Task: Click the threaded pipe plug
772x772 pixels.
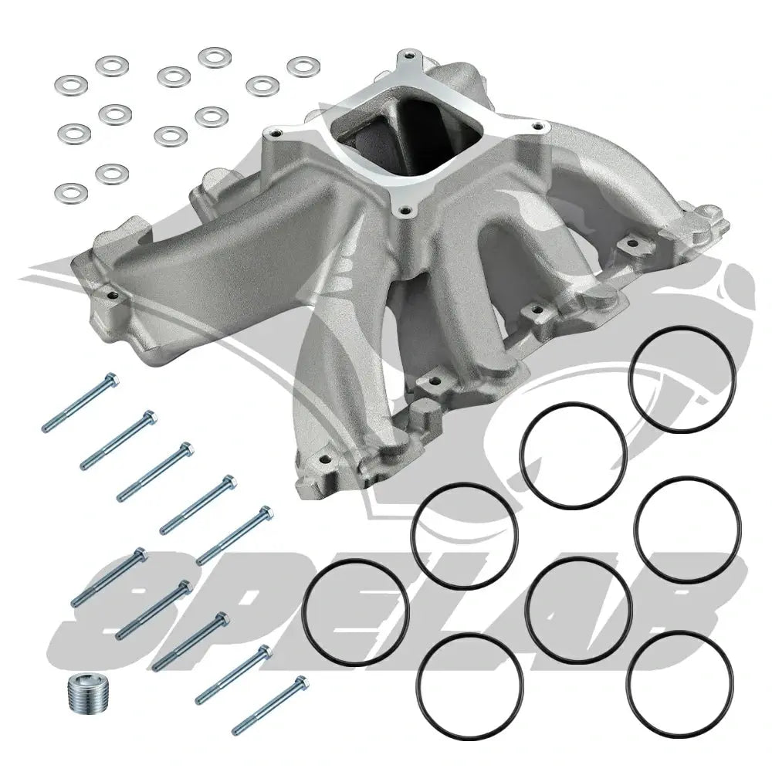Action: click(x=83, y=692)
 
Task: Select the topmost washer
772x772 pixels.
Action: click(x=215, y=57)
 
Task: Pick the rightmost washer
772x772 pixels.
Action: click(x=303, y=67)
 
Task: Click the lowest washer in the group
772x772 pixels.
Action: click(x=71, y=193)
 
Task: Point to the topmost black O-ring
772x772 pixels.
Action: click(x=684, y=379)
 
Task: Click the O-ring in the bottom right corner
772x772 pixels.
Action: click(x=679, y=686)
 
